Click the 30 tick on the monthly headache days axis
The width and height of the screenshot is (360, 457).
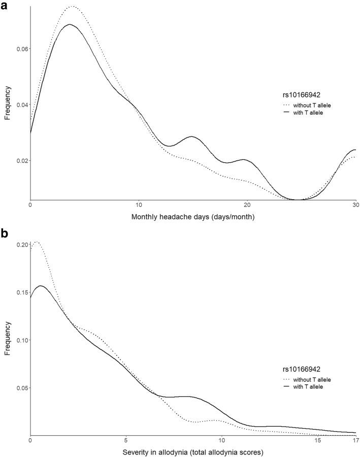click(355, 205)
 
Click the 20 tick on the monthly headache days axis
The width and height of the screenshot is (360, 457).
click(247, 205)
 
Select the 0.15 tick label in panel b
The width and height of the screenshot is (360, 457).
click(20, 293)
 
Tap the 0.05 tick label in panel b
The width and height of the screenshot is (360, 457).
click(20, 388)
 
